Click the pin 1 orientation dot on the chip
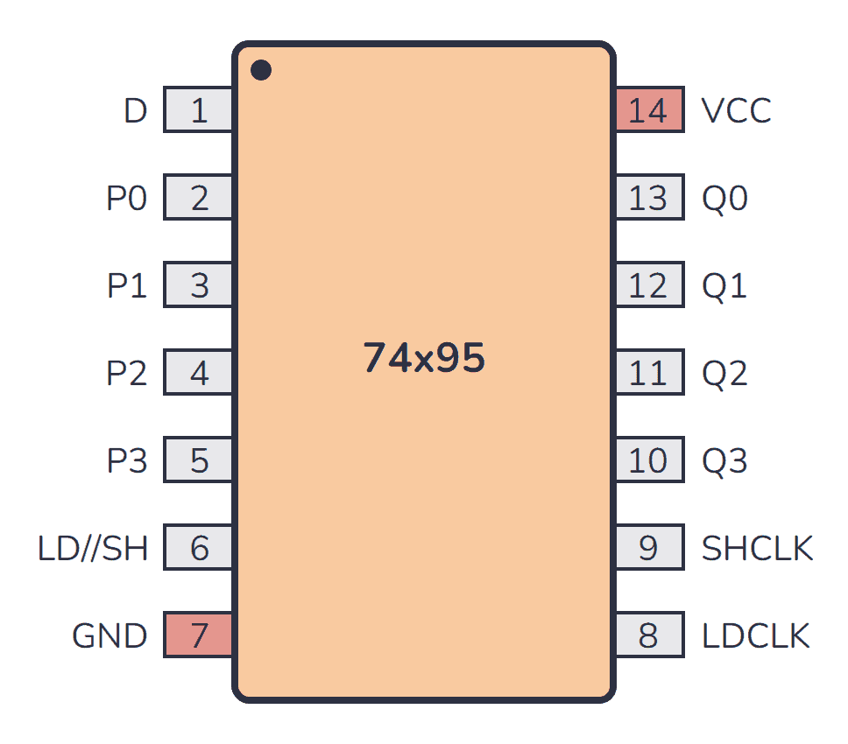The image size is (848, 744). click(260, 70)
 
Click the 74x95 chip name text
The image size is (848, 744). click(424, 359)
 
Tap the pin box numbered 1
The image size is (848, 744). click(199, 110)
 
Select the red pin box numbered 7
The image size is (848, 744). click(199, 635)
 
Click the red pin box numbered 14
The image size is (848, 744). click(648, 110)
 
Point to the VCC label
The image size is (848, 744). click(736, 111)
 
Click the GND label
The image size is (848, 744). click(110, 635)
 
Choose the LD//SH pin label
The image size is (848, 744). click(93, 549)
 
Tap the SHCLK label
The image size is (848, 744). click(757, 548)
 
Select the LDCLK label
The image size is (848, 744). click(755, 635)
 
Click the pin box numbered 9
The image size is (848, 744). click(648, 548)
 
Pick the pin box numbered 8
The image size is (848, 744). click(648, 635)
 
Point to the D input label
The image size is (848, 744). click(135, 111)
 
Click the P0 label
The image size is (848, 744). click(127, 199)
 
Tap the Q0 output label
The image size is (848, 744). click(724, 199)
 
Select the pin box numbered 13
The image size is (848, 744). click(648, 198)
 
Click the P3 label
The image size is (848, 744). click(127, 460)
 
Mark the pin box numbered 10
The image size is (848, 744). click(648, 460)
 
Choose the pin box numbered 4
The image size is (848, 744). click(199, 373)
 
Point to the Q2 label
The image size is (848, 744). click(724, 374)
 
